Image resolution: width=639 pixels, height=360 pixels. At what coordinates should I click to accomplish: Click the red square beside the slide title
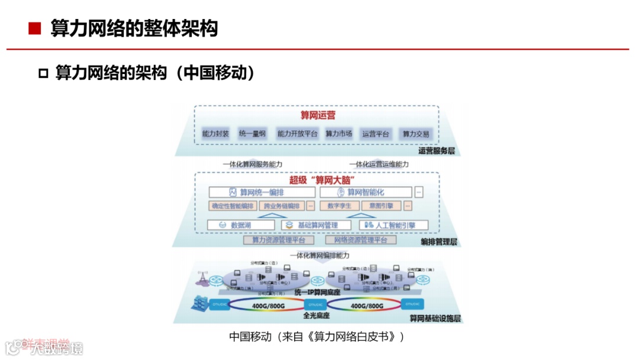tap(34, 28)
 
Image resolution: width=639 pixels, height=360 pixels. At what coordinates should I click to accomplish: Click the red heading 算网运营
tap(318, 115)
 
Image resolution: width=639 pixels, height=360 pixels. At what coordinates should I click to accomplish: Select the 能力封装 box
tap(215, 134)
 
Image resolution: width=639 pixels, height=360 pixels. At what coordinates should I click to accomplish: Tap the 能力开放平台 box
tap(298, 134)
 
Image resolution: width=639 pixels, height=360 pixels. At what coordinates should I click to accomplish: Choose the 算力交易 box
tap(416, 134)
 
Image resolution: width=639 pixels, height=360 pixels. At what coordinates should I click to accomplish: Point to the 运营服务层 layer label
tap(437, 152)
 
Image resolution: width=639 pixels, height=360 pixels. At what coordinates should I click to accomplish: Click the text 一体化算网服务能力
tap(253, 164)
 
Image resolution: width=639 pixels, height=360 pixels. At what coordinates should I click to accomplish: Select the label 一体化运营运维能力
tap(379, 164)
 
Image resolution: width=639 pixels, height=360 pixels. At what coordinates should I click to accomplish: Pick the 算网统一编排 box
tap(262, 192)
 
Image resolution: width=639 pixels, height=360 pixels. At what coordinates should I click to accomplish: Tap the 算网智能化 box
tap(366, 192)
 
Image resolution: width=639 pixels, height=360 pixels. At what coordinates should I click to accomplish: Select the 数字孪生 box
tap(340, 206)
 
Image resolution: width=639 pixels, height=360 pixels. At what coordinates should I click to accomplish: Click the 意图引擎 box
tap(381, 206)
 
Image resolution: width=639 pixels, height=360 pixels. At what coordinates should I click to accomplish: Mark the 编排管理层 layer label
tap(438, 242)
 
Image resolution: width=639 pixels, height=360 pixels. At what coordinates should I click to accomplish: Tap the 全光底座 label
tap(316, 316)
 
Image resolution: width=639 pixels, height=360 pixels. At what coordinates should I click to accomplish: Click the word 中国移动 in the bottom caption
tap(249, 336)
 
